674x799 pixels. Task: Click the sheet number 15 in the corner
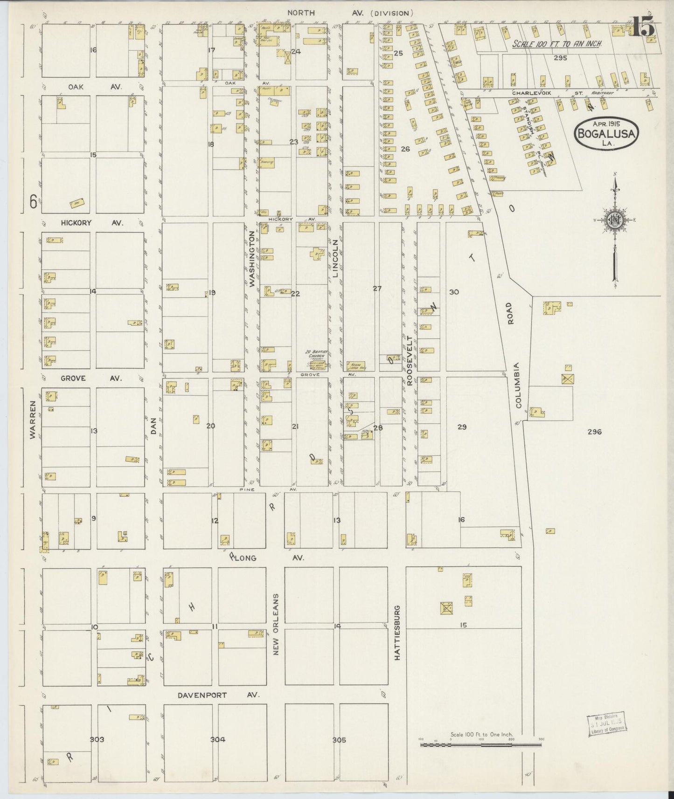click(x=644, y=27)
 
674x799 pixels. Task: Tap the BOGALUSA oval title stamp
click(x=607, y=133)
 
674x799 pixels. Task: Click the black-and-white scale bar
click(x=481, y=745)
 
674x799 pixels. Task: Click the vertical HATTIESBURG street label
click(x=397, y=633)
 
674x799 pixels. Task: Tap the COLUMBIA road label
click(x=518, y=386)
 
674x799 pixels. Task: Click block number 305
click(x=339, y=740)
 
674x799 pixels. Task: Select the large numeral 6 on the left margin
click(x=33, y=202)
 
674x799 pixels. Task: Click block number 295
click(x=560, y=58)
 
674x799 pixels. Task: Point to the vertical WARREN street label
click(x=33, y=420)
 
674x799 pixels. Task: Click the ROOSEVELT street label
click(x=410, y=360)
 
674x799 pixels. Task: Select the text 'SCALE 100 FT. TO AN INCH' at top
click(x=556, y=44)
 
